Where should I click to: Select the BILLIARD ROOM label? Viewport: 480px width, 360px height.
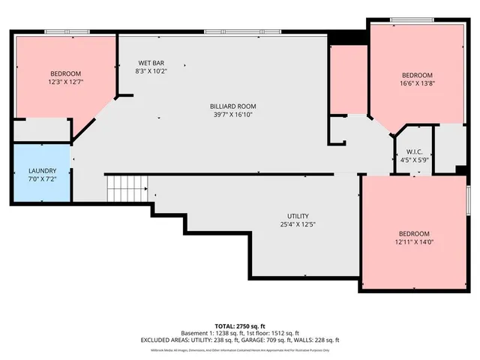(x=233, y=106)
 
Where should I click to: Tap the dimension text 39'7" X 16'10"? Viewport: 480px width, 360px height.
(x=233, y=115)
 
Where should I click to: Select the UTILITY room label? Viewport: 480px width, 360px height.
(x=298, y=216)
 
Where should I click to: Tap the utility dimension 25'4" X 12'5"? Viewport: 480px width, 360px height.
(x=298, y=224)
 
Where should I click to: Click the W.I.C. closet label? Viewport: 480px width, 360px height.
(x=414, y=151)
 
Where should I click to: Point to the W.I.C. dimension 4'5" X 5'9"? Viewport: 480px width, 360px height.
(x=414, y=160)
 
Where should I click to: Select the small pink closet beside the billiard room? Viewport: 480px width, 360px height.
(x=349, y=79)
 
